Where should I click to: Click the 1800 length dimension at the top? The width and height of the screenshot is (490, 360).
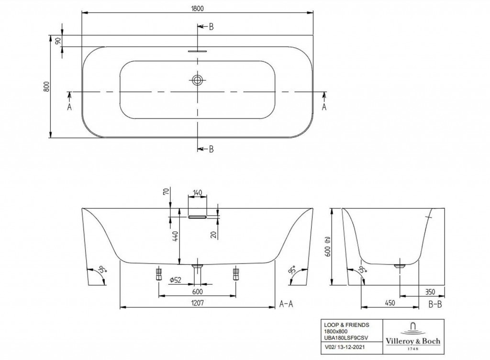[x=197, y=9]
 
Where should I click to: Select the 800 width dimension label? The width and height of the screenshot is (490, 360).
[x=46, y=86]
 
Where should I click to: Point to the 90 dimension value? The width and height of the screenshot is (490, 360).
[x=58, y=41]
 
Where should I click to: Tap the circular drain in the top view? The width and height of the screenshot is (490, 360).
[x=197, y=80]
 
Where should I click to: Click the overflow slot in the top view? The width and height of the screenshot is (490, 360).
[x=197, y=51]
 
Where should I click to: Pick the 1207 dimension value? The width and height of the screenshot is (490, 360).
[x=198, y=302]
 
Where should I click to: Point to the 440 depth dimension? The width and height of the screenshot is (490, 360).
[x=175, y=237]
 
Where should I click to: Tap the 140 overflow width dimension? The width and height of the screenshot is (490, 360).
[x=197, y=192]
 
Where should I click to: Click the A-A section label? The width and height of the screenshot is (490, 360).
[x=286, y=304]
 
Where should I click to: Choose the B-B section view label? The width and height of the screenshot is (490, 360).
[x=434, y=304]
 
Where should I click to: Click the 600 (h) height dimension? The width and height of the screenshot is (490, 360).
[x=327, y=246]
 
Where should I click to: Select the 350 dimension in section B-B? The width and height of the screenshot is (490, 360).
[x=430, y=292]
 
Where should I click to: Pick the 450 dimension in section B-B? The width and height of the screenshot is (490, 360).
[x=390, y=303]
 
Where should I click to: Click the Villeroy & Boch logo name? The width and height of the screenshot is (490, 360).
[x=413, y=341]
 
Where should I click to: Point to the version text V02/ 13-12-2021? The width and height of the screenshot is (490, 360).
[x=344, y=347]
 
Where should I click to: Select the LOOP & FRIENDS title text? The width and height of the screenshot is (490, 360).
[x=346, y=325]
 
